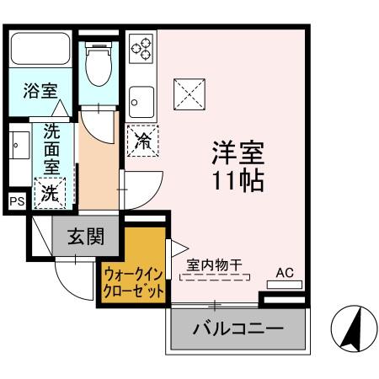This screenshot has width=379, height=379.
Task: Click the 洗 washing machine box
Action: pos(51,192)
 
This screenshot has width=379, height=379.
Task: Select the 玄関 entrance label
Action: pos(87,236)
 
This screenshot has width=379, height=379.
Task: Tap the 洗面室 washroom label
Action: pos(51,150)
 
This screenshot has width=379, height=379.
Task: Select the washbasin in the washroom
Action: pos(18,151)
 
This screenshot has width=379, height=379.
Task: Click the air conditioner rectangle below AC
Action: pos(284,285)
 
